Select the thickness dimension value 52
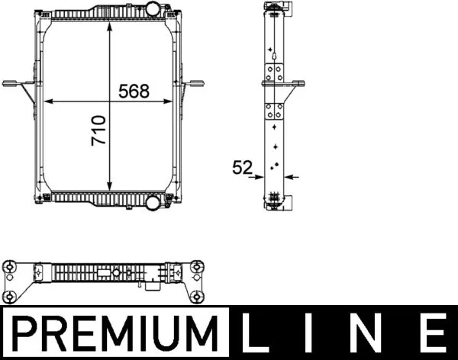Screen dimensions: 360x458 pos(243,168)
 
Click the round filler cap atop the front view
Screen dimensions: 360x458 pos(152,10)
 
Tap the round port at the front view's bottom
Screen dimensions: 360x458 pos(153,203)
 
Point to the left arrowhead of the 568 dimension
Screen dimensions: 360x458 pos(48,101)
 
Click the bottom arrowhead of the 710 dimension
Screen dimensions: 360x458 pos(111,188)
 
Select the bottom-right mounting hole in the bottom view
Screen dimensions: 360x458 pos(198,297)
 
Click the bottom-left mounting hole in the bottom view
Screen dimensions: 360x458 pos(11,296)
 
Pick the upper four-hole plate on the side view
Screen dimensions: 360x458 pos(274,74)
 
